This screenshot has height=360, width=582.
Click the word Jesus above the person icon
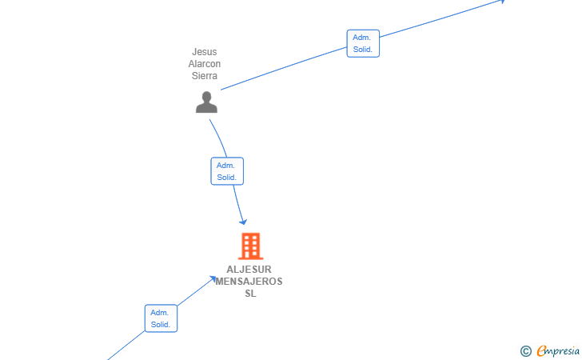coord(204,52)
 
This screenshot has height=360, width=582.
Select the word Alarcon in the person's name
coord(204,64)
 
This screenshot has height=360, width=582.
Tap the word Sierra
coord(204,76)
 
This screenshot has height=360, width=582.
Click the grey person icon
coord(206,102)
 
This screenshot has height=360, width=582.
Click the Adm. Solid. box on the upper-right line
coord(363,43)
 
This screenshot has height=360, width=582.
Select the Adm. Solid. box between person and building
coord(227,171)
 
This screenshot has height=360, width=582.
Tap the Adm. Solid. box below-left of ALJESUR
coord(161,318)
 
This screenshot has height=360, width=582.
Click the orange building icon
coord(250,246)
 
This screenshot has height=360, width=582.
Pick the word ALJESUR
coord(249,270)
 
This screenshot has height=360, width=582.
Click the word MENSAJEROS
coord(249,282)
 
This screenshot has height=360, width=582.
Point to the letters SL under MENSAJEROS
coord(250,294)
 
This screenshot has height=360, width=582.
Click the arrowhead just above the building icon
coord(244,222)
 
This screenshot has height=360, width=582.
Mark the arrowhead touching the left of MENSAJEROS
coord(213,278)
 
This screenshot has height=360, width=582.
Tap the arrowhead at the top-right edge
coord(502,2)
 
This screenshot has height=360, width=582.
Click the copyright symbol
coord(525,351)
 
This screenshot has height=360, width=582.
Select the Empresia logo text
coord(558,350)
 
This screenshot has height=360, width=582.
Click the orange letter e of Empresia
coord(542,350)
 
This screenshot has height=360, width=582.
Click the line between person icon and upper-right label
coord(284,68)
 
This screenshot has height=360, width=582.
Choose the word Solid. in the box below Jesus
coord(227,178)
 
